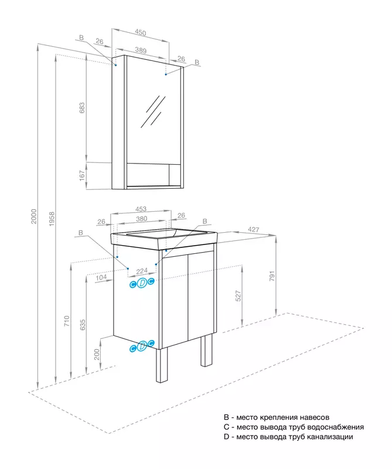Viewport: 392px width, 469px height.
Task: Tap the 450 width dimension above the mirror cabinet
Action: click(x=140, y=32)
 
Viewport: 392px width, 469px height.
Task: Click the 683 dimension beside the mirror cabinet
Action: click(x=83, y=108)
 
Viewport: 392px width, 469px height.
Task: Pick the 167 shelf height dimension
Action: click(x=83, y=175)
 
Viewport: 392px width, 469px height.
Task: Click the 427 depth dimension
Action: click(x=253, y=230)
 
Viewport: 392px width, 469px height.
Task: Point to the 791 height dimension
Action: click(x=272, y=276)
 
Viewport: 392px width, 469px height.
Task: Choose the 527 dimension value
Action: click(x=238, y=295)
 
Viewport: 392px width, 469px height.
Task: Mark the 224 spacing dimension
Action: click(x=141, y=271)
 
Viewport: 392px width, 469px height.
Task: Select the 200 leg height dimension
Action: click(x=97, y=354)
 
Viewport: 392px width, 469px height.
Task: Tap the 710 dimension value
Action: click(x=67, y=321)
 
